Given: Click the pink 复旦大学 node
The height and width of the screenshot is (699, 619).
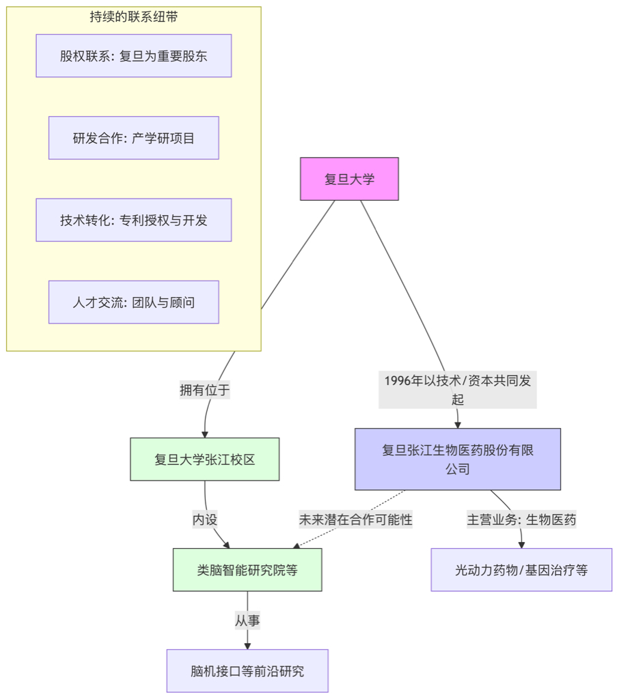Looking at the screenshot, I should (349, 179).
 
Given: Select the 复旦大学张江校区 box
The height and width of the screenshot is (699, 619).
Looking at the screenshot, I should (204, 459).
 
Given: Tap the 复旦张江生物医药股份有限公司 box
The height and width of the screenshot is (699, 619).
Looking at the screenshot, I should (457, 459).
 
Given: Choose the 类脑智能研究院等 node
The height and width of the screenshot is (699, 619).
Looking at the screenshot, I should (247, 569).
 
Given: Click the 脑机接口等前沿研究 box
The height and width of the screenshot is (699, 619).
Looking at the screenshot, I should (247, 670).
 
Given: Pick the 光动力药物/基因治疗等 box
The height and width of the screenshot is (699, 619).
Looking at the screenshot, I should (521, 569).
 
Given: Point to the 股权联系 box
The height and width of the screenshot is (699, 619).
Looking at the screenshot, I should (134, 56).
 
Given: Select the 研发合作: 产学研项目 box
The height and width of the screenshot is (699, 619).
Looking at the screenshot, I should (134, 138).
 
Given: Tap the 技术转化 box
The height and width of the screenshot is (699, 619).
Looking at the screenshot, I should (134, 220).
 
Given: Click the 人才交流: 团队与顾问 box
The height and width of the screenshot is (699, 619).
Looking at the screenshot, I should (134, 302).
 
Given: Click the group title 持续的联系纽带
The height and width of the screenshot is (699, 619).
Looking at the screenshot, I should (134, 17).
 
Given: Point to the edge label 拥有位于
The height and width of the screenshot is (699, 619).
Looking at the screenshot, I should (205, 390).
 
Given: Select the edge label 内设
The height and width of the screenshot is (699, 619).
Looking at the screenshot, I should (205, 519).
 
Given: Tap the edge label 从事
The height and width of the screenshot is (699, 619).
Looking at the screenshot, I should (247, 620).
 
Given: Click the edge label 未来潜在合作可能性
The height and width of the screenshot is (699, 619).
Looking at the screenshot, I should (355, 519).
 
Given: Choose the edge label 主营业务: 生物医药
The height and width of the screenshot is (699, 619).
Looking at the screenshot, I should (521, 519).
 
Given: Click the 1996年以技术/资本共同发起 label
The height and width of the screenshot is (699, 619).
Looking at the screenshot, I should (457, 390).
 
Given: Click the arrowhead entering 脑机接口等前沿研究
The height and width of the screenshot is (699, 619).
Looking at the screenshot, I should (247, 645).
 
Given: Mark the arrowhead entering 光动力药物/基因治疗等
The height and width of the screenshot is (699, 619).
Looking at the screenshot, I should (521, 544).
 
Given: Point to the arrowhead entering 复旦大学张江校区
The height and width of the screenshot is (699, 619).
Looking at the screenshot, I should (204, 433).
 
